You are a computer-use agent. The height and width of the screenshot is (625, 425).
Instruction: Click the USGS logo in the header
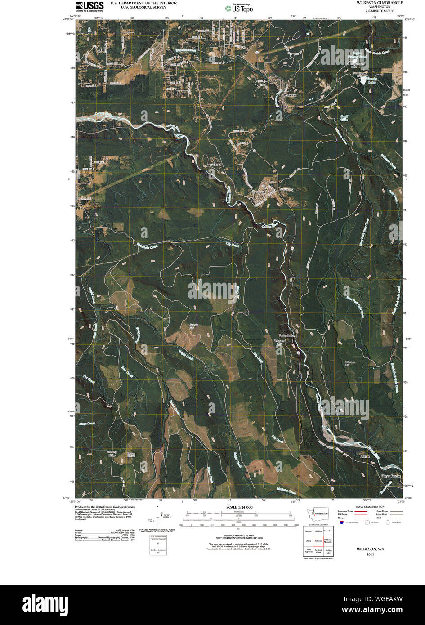89,6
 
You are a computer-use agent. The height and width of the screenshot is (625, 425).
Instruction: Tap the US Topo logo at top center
239,7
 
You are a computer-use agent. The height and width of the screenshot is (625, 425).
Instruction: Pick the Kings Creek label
88,424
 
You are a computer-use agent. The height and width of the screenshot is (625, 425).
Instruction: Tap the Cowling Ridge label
112,454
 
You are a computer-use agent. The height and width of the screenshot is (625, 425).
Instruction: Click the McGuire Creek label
286,491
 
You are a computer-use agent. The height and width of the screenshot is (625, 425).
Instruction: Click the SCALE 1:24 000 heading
237,507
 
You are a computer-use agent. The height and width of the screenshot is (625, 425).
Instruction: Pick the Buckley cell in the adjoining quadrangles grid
318,531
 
